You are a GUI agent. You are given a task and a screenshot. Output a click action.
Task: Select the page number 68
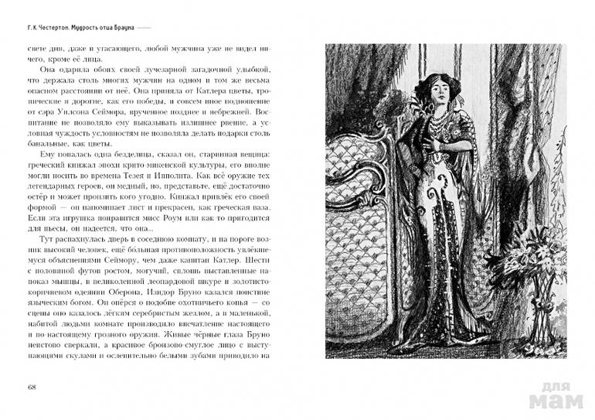(x=31, y=388)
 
